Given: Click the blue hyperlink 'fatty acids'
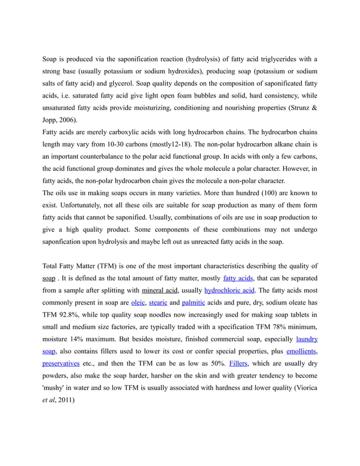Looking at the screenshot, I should tap(238, 278).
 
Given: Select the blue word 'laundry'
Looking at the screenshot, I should tap(306, 339).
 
